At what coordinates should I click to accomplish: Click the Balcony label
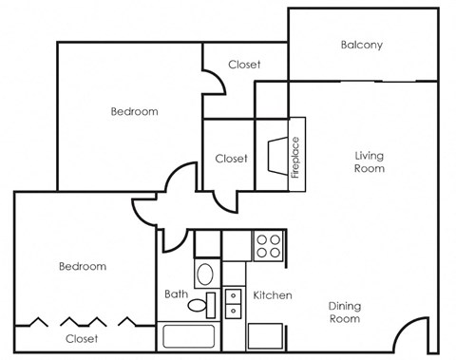pos(361,45)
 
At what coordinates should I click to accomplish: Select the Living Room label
pos(370,161)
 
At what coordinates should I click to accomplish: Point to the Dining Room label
pos(345,313)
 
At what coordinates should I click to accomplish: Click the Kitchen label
pos(272,295)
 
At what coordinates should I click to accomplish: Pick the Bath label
pos(176,294)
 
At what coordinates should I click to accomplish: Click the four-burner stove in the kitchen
pos(268,245)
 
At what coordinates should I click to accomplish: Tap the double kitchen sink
pos(235,302)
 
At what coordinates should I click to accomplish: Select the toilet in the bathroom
pos(200,305)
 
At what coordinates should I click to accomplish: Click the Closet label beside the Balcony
pos(244,65)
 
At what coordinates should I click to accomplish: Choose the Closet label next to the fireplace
pos(231,159)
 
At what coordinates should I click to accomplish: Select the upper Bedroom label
pos(134,111)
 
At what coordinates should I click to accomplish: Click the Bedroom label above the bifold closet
pos(83,267)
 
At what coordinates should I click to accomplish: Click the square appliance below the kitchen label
pos(266,336)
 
